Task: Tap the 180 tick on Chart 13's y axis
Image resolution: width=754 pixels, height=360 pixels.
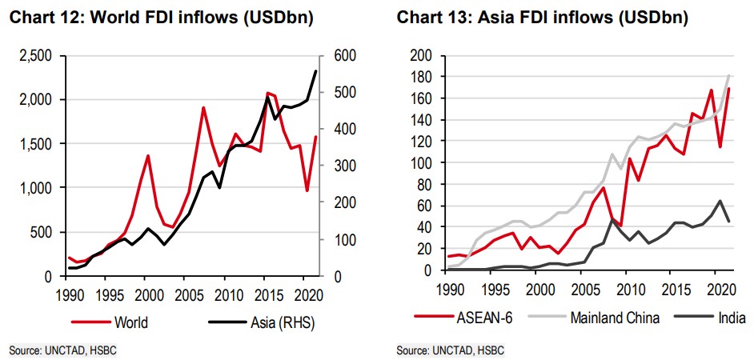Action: click(x=421, y=77)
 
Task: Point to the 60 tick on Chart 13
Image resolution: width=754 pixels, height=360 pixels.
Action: click(x=424, y=206)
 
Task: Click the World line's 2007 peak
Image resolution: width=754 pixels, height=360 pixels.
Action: click(x=203, y=107)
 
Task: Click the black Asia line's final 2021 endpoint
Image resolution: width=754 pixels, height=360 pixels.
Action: click(x=316, y=71)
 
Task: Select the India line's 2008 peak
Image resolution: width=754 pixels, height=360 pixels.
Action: click(x=612, y=218)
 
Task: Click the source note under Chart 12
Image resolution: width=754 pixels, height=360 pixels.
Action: click(x=57, y=350)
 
